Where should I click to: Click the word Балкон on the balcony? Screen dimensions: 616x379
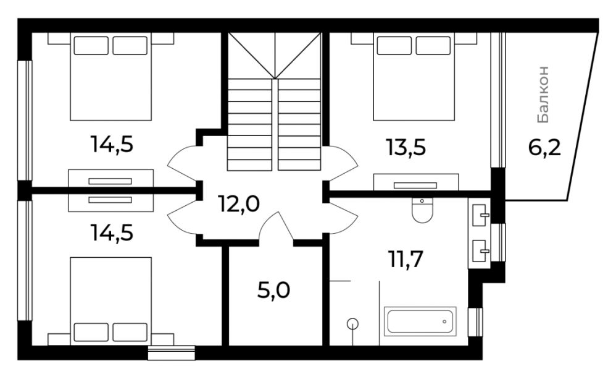(x=543, y=95)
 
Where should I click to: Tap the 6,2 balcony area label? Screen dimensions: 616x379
(x=544, y=148)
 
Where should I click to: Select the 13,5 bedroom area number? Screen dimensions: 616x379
(x=406, y=148)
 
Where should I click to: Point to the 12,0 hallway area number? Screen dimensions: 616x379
(x=239, y=204)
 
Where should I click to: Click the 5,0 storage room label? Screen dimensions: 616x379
(x=274, y=291)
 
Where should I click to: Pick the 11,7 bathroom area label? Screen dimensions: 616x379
(x=406, y=259)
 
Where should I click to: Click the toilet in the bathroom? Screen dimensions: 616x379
(x=422, y=210)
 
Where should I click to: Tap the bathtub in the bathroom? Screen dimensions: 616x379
(x=420, y=321)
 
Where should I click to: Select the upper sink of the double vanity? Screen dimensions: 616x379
(x=480, y=215)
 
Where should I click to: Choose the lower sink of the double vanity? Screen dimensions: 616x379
(x=480, y=250)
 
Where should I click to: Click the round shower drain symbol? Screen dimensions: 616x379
(x=353, y=324)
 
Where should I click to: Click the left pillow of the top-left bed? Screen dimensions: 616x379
(x=91, y=46)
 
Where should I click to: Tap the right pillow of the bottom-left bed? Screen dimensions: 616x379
(x=130, y=332)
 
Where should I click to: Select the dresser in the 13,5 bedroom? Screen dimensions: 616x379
(x=416, y=182)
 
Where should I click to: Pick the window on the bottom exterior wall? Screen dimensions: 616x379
(x=172, y=352)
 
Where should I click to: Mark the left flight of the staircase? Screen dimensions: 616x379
(x=249, y=124)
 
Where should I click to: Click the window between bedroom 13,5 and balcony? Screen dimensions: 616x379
(x=497, y=100)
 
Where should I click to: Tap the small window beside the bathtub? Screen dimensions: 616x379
(x=475, y=322)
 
